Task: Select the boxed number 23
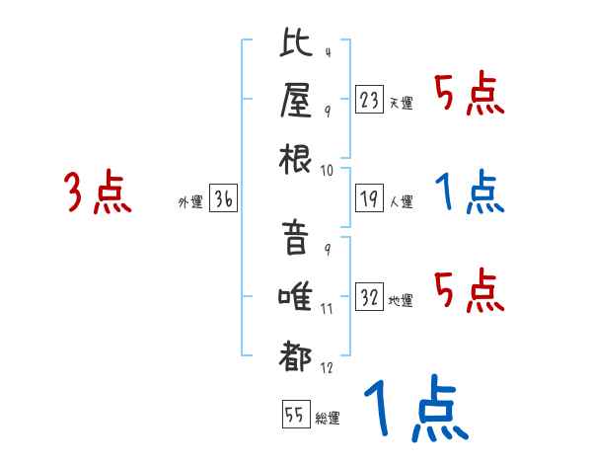click(x=369, y=100)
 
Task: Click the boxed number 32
click(x=369, y=297)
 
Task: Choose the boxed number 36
click(x=223, y=199)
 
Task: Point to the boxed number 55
click(x=294, y=415)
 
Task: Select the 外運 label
click(x=190, y=202)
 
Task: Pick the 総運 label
click(x=328, y=418)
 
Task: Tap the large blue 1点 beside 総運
click(x=413, y=410)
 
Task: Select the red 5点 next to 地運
click(x=470, y=290)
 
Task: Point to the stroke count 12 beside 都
click(x=328, y=367)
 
